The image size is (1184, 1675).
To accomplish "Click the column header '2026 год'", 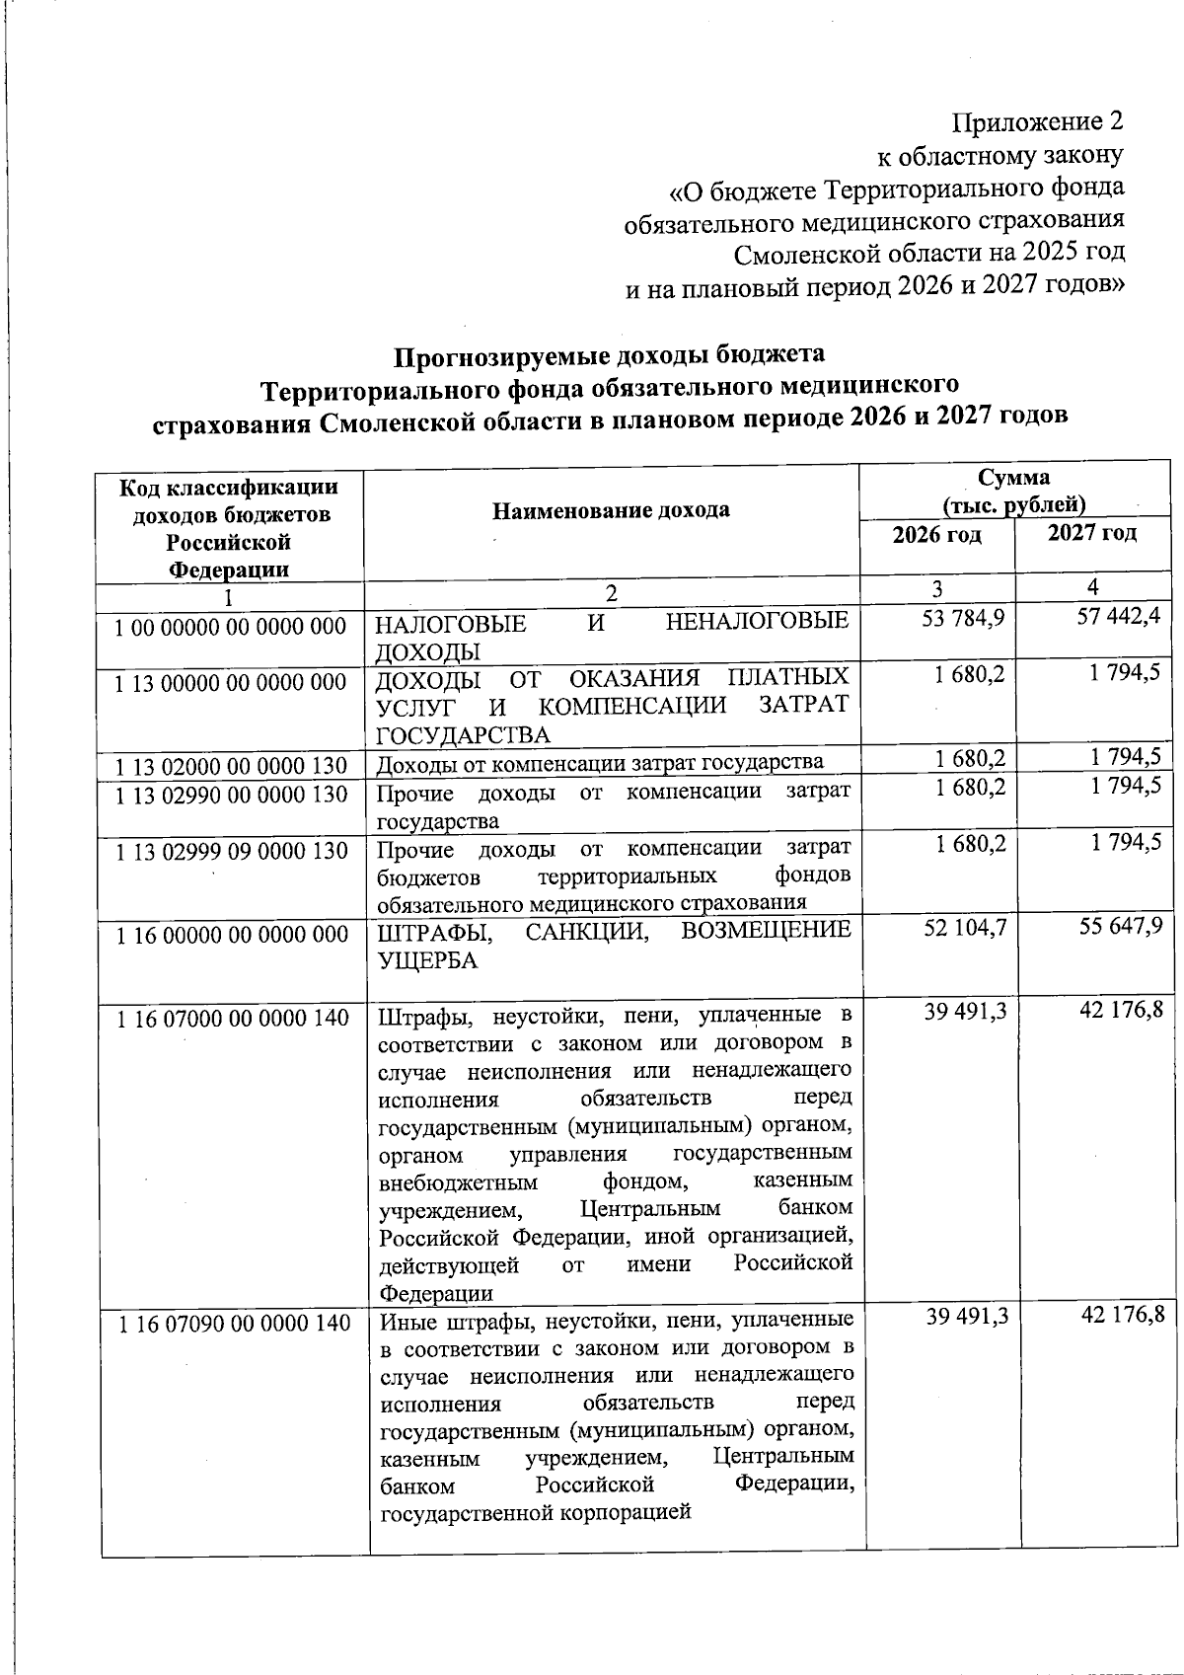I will point(936,536).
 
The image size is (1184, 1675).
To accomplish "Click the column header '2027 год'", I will point(1091,533).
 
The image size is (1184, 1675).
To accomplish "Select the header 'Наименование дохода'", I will point(612,509).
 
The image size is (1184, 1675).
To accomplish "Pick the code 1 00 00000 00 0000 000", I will point(231,627).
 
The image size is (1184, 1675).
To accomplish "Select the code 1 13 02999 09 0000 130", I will point(232,851).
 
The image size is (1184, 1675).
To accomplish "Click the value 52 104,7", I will point(964,930).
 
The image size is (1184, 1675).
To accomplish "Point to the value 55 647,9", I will point(1119,929).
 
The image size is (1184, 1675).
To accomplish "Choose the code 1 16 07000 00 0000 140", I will point(233,1018).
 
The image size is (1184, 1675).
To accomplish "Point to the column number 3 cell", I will point(936,589).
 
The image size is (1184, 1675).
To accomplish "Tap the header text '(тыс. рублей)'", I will point(1014,505).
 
